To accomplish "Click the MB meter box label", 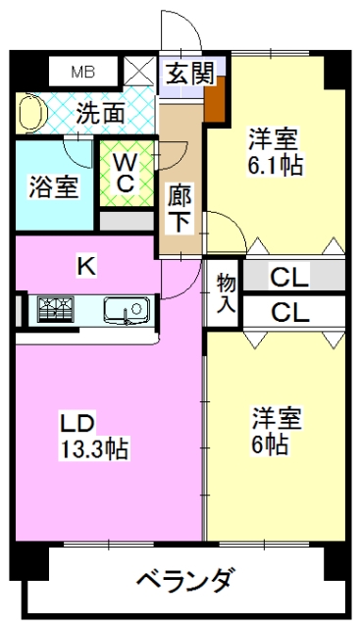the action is click(x=83, y=72).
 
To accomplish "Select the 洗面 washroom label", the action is click(x=100, y=114).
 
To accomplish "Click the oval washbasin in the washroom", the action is click(x=32, y=114).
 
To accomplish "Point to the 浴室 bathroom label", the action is click(x=53, y=187).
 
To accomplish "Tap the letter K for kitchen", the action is click(x=86, y=266).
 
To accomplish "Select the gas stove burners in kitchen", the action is click(x=56, y=309).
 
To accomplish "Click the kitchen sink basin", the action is click(x=127, y=310).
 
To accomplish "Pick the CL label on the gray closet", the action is click(x=290, y=277).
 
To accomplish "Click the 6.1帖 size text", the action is click(x=275, y=165).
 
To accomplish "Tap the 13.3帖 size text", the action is click(x=93, y=449).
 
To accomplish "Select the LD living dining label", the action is click(x=77, y=423).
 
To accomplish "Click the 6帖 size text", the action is click(x=270, y=444).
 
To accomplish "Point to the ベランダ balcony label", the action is click(x=185, y=580).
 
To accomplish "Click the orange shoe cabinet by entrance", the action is click(x=215, y=99).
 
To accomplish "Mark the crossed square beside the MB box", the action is click(x=139, y=71).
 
